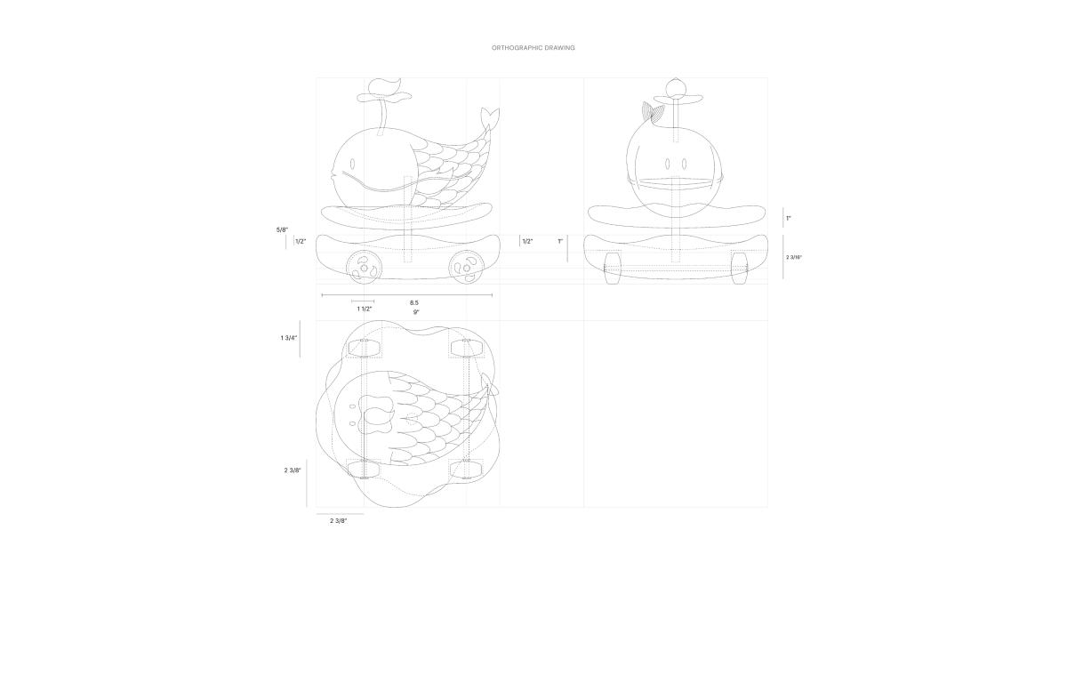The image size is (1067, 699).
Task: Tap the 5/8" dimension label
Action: tap(282, 229)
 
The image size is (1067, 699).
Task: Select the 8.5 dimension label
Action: tap(414, 302)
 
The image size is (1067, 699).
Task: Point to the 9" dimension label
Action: tap(416, 312)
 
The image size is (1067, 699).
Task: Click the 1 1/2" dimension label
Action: tap(365, 309)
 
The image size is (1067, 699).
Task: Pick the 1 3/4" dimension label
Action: tap(289, 338)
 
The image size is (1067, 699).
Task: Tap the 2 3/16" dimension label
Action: tap(794, 257)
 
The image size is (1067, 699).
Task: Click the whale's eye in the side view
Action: tap(352, 164)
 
